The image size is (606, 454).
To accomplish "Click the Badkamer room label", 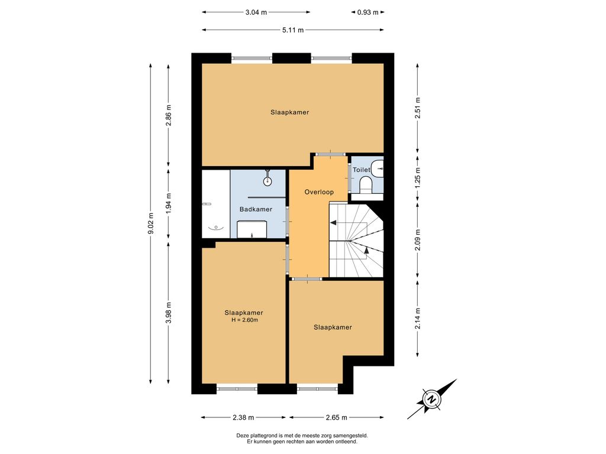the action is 256,209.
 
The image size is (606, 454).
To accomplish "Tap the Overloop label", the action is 319,192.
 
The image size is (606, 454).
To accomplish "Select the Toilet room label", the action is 362,170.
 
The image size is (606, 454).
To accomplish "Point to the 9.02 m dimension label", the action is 151,223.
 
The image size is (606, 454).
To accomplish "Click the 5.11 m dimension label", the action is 293,30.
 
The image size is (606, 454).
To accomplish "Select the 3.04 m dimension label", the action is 256,12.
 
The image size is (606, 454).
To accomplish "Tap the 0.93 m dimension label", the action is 368,12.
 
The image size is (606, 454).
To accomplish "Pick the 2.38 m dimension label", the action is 243,417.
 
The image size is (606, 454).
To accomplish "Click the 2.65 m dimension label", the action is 337,417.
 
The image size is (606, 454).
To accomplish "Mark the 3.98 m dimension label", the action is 169,313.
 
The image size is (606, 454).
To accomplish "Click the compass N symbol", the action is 431,399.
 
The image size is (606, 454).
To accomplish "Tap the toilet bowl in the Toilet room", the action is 365,184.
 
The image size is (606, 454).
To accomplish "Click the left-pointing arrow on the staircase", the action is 333,223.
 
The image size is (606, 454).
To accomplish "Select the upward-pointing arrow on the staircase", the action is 366,250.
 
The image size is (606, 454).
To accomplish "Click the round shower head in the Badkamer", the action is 267,180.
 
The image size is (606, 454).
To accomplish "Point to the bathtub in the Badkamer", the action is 216,204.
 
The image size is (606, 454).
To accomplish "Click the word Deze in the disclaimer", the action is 243,436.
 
